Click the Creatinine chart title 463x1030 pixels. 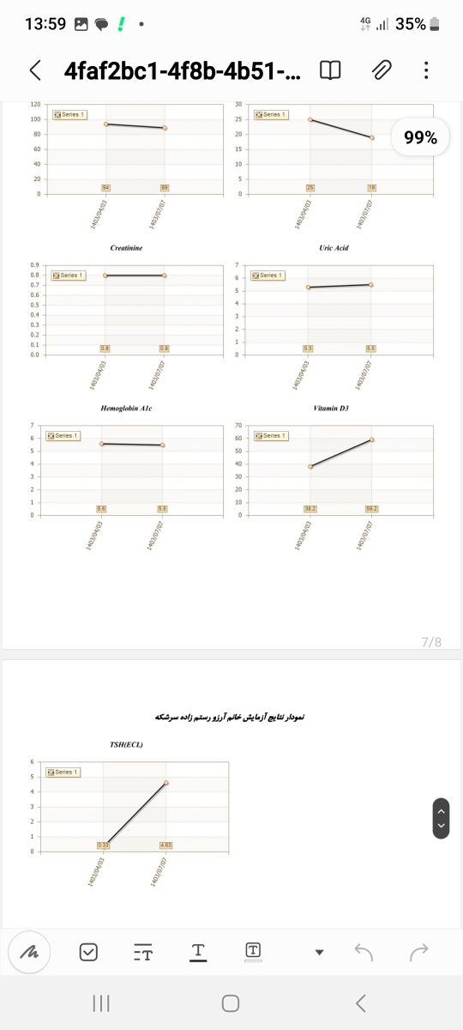click(125, 248)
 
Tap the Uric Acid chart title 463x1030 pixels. click(334, 248)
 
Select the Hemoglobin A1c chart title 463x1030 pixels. click(125, 409)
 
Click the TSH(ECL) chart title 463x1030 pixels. click(126, 744)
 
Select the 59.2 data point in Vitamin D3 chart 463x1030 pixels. click(372, 439)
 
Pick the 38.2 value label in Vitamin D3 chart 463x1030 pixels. click(310, 509)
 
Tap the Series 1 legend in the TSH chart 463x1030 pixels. click(63, 772)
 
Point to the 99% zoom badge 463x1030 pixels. click(420, 137)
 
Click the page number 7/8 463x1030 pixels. click(431, 641)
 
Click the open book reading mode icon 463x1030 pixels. click(330, 70)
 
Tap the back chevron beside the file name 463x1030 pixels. click(35, 70)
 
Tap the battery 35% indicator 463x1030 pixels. click(420, 24)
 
